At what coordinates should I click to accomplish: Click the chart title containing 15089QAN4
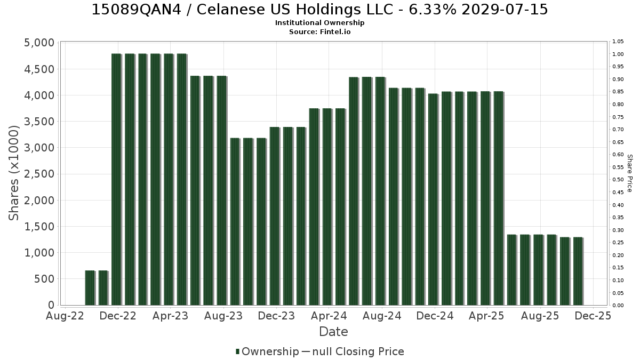319,10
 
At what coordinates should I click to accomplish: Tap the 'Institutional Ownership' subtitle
319,23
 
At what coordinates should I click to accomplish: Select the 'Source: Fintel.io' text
319,31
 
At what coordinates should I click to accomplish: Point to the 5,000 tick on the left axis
39,43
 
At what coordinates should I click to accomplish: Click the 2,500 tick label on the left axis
39,174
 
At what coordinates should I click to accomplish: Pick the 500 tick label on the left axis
44,279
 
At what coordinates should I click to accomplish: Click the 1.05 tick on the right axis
618,42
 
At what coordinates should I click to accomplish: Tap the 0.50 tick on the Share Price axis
618,180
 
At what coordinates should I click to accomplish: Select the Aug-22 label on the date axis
65,316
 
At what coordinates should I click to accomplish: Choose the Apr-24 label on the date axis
329,316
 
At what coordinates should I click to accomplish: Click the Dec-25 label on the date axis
593,316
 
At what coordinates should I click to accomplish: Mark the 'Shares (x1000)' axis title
13,173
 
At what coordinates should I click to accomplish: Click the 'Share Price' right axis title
630,173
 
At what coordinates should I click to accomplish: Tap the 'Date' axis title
333,332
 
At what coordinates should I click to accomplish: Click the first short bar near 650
90,287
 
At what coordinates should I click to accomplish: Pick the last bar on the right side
578,271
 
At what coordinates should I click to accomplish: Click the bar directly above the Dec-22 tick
117,179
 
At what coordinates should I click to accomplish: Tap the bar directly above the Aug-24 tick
381,191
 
